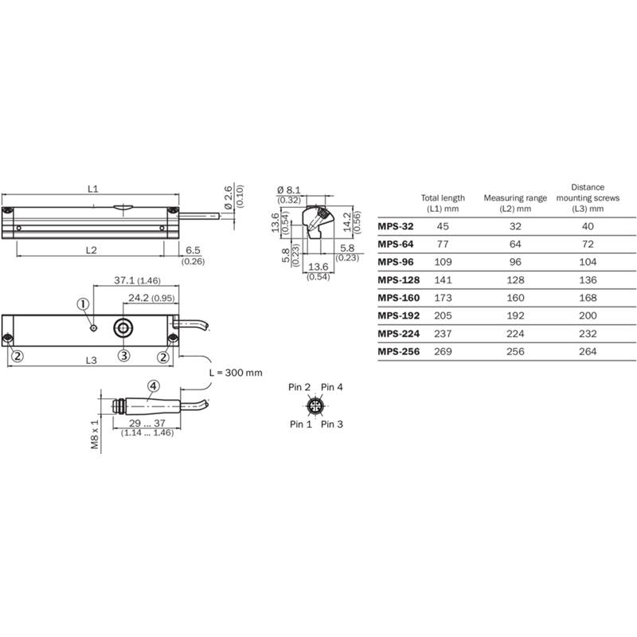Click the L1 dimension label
pyautogui.click(x=93, y=189)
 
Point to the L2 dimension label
pyautogui.click(x=92, y=250)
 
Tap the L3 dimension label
pyautogui.click(x=92, y=361)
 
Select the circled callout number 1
pyautogui.click(x=83, y=304)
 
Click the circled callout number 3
pyautogui.click(x=124, y=355)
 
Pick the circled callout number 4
pyautogui.click(x=153, y=386)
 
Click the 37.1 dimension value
pyautogui.click(x=123, y=280)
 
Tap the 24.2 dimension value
pyautogui.click(x=139, y=298)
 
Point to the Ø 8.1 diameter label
pyautogui.click(x=289, y=190)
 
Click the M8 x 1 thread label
pyautogui.click(x=95, y=434)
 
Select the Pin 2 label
pyautogui.click(x=299, y=387)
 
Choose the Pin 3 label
pyautogui.click(x=332, y=424)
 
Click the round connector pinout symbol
pyautogui.click(x=315, y=405)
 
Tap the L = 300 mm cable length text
pyautogui.click(x=236, y=373)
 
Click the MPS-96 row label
pyautogui.click(x=396, y=262)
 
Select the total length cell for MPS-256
pyautogui.click(x=443, y=351)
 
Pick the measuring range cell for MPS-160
pyautogui.click(x=515, y=298)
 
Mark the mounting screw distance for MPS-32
pyautogui.click(x=588, y=226)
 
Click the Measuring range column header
pyautogui.click(x=515, y=203)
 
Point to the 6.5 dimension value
pyautogui.click(x=193, y=250)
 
